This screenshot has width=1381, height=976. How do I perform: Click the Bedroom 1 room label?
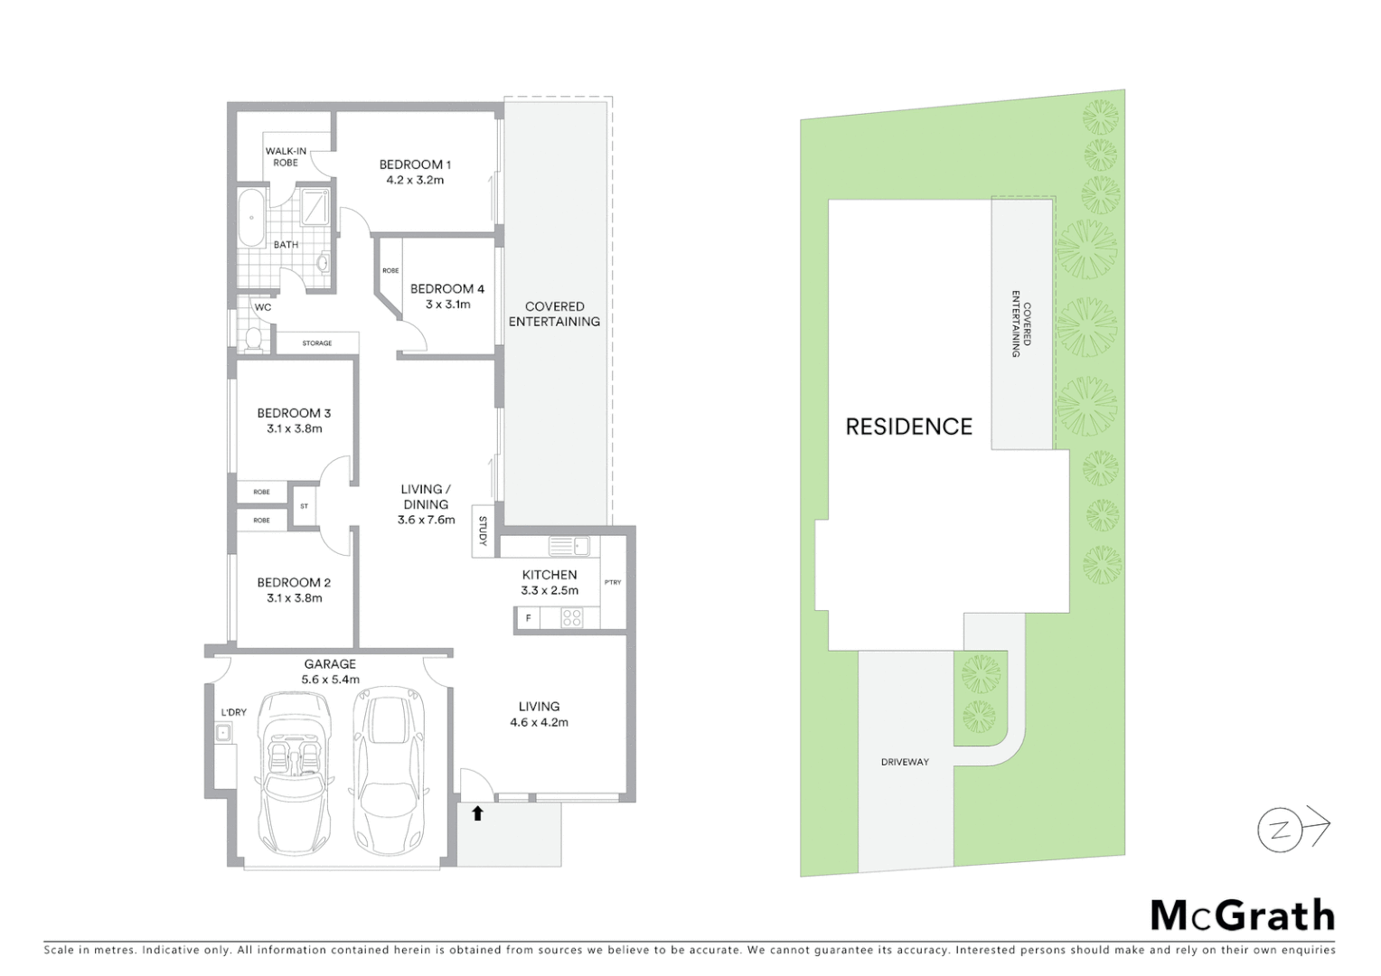click(415, 164)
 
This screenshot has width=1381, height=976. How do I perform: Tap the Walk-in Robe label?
click(286, 156)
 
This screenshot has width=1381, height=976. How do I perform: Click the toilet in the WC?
click(253, 338)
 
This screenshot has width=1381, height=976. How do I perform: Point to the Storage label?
click(316, 343)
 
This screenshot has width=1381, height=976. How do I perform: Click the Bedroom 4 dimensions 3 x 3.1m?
click(447, 305)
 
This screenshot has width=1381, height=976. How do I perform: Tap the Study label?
click(483, 530)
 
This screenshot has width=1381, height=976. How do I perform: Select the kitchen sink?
click(568, 546)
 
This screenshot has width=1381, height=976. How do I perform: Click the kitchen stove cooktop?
click(572, 618)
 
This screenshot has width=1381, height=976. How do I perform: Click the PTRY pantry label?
click(613, 582)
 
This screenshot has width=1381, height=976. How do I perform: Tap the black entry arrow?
click(478, 813)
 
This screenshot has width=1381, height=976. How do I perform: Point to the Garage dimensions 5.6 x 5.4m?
click(330, 680)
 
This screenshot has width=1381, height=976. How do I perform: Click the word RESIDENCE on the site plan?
click(908, 427)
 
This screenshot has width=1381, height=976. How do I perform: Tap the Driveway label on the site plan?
click(905, 762)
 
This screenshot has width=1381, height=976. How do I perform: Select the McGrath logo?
click(1242, 915)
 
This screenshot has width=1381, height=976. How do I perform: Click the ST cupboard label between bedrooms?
click(304, 506)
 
